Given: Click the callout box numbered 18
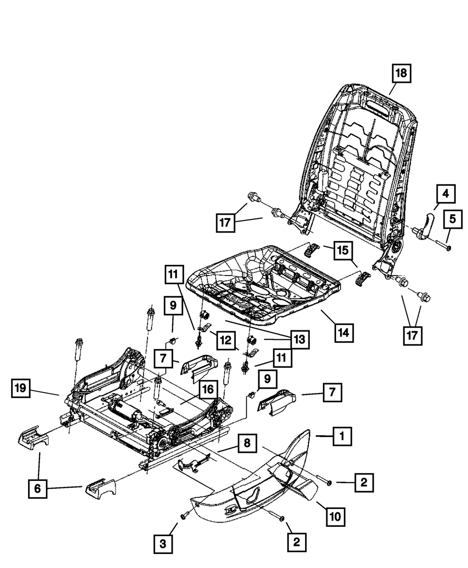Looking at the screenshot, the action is pyautogui.click(x=402, y=73).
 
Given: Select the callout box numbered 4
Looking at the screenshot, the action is pyautogui.click(x=446, y=194).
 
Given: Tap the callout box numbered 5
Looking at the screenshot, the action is pyautogui.click(x=453, y=219).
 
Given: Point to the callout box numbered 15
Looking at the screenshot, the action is pyautogui.click(x=343, y=250).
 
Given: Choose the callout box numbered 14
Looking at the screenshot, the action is pyautogui.click(x=344, y=333).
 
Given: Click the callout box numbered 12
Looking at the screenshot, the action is pyautogui.click(x=226, y=340).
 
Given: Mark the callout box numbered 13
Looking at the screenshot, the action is pyautogui.click(x=300, y=340).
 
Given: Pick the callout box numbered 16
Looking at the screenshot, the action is pyautogui.click(x=208, y=389).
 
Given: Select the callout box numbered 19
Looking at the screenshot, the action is pyautogui.click(x=21, y=388).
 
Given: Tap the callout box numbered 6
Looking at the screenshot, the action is pyautogui.click(x=37, y=489).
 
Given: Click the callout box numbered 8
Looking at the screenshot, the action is pyautogui.click(x=247, y=443).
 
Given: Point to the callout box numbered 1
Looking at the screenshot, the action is pyautogui.click(x=342, y=437).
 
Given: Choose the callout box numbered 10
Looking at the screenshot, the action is pyautogui.click(x=336, y=517).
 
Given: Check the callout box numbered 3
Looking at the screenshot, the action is pyautogui.click(x=163, y=544).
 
